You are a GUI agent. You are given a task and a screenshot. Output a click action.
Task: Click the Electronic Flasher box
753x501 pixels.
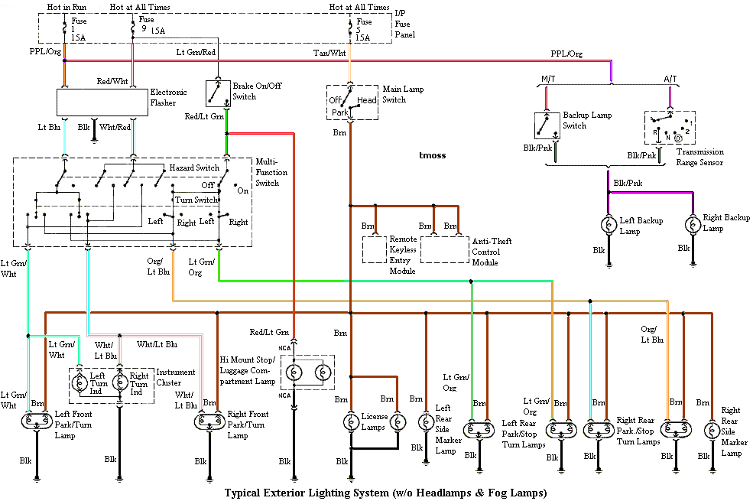102,102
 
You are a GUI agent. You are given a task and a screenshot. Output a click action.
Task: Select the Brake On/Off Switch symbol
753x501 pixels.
218,93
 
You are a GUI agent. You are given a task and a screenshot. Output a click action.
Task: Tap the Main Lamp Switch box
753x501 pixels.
352,101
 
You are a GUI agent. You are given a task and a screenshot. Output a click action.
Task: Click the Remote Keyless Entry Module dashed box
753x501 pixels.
375,249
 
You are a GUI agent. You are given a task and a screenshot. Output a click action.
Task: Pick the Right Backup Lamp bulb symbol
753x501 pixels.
692,225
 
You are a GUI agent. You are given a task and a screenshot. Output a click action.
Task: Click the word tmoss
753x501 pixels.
432,155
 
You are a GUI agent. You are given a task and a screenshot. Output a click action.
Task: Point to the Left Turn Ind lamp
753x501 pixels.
80,382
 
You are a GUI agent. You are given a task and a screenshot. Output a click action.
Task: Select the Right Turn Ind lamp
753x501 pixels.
118,382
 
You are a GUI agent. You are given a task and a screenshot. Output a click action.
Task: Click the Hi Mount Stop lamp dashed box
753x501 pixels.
307,372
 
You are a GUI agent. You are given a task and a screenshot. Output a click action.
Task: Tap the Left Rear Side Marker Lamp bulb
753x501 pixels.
426,421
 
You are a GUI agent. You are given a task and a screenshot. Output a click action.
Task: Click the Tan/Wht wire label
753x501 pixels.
329,53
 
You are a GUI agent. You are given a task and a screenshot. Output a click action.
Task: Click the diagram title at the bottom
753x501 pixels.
385,493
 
